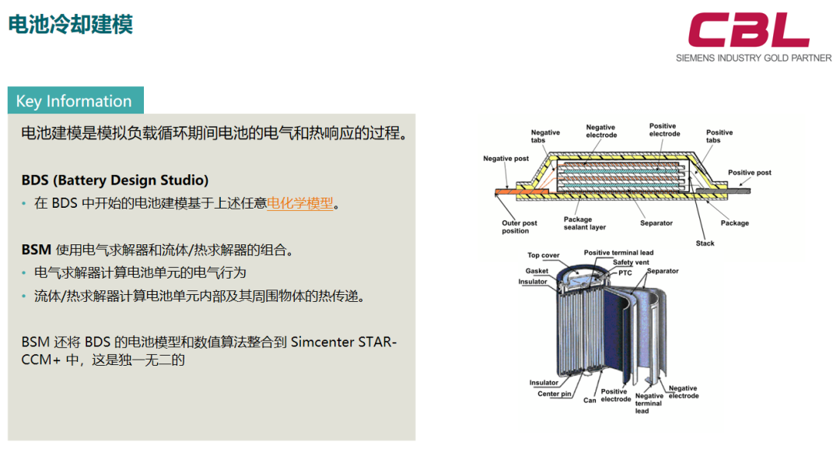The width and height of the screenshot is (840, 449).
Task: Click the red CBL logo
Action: coord(748,30)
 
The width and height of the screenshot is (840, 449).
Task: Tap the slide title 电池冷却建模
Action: coord(71,25)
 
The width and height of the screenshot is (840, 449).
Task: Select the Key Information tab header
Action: coord(75,100)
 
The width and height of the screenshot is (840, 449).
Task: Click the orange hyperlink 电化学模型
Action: coord(300,204)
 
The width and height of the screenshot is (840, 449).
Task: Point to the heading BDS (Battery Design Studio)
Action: coord(114,180)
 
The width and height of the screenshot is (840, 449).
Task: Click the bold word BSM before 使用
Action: coord(37,250)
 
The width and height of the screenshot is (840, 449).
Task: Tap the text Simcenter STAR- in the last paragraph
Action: coord(344,342)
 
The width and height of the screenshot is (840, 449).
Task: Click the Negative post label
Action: coord(506,159)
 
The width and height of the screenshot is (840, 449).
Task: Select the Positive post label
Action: coord(750,173)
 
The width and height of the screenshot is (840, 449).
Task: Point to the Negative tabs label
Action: coord(545,136)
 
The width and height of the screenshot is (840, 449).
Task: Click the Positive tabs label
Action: coord(719,136)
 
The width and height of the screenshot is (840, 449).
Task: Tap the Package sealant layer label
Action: coord(584,223)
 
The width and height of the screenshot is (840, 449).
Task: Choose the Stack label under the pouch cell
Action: coord(705,244)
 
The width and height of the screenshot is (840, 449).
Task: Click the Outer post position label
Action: coord(519,227)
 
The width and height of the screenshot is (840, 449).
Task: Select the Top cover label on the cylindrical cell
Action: coord(543,255)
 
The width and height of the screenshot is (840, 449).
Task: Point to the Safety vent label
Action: coord(631,262)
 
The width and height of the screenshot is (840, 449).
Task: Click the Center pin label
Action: coord(555,394)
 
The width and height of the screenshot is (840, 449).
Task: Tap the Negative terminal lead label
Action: coord(648,403)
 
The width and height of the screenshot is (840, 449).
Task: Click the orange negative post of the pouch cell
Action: coord(510,191)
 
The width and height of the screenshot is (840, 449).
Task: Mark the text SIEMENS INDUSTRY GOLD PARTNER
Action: coord(754,58)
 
